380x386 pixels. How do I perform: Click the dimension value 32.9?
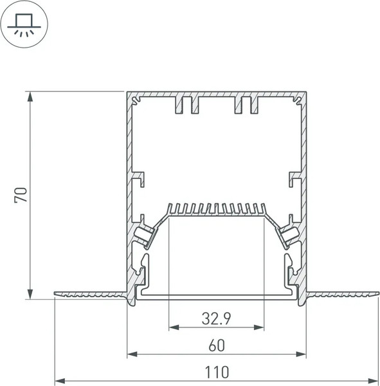[216, 317]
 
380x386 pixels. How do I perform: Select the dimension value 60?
[216, 345]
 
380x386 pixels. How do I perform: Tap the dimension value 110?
[216, 372]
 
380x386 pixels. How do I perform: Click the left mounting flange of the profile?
[90, 295]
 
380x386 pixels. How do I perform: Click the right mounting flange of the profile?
[341, 295]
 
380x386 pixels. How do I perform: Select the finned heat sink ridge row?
[216, 208]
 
